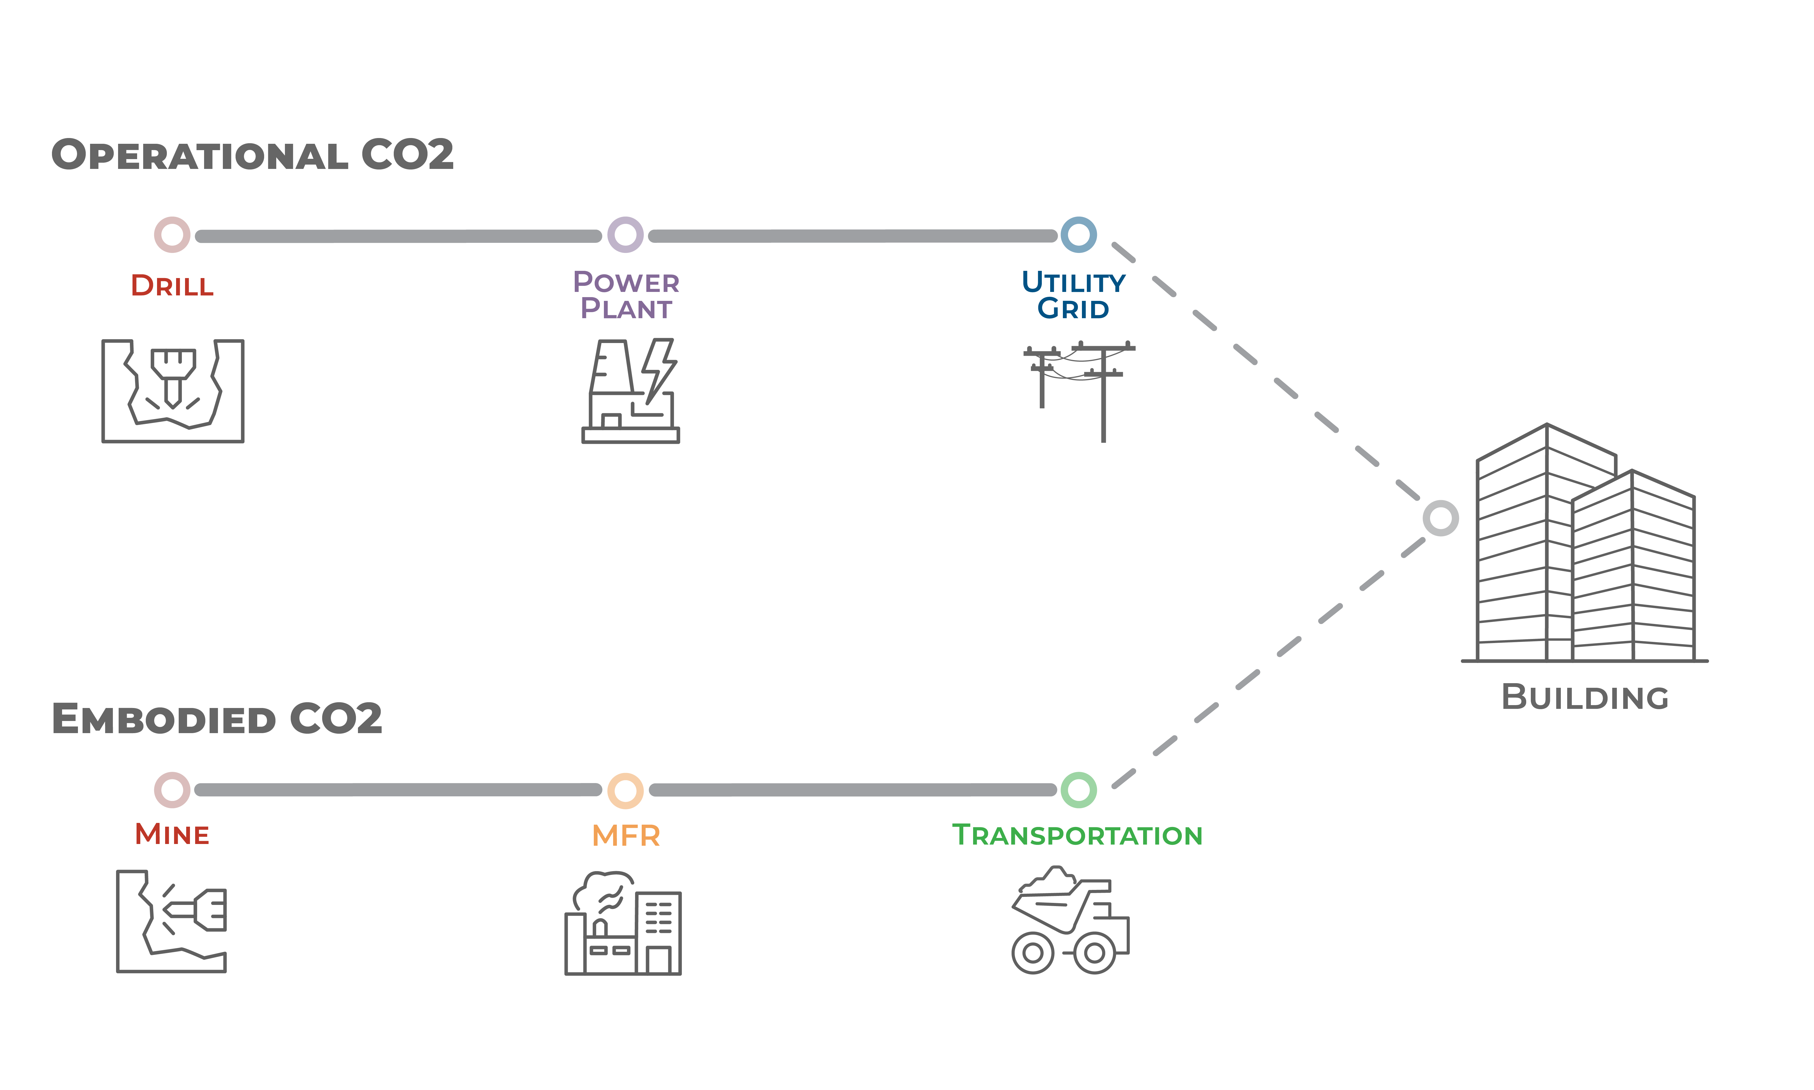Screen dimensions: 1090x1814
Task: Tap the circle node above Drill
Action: (172, 235)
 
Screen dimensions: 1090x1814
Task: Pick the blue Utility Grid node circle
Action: (1078, 235)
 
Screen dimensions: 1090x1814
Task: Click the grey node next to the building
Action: (1440, 519)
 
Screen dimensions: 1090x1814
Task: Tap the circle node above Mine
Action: (172, 790)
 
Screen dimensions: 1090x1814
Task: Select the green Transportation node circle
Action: (1078, 790)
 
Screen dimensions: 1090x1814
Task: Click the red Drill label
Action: (172, 286)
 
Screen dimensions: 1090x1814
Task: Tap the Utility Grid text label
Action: (1073, 295)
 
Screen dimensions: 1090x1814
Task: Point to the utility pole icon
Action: (1079, 389)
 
